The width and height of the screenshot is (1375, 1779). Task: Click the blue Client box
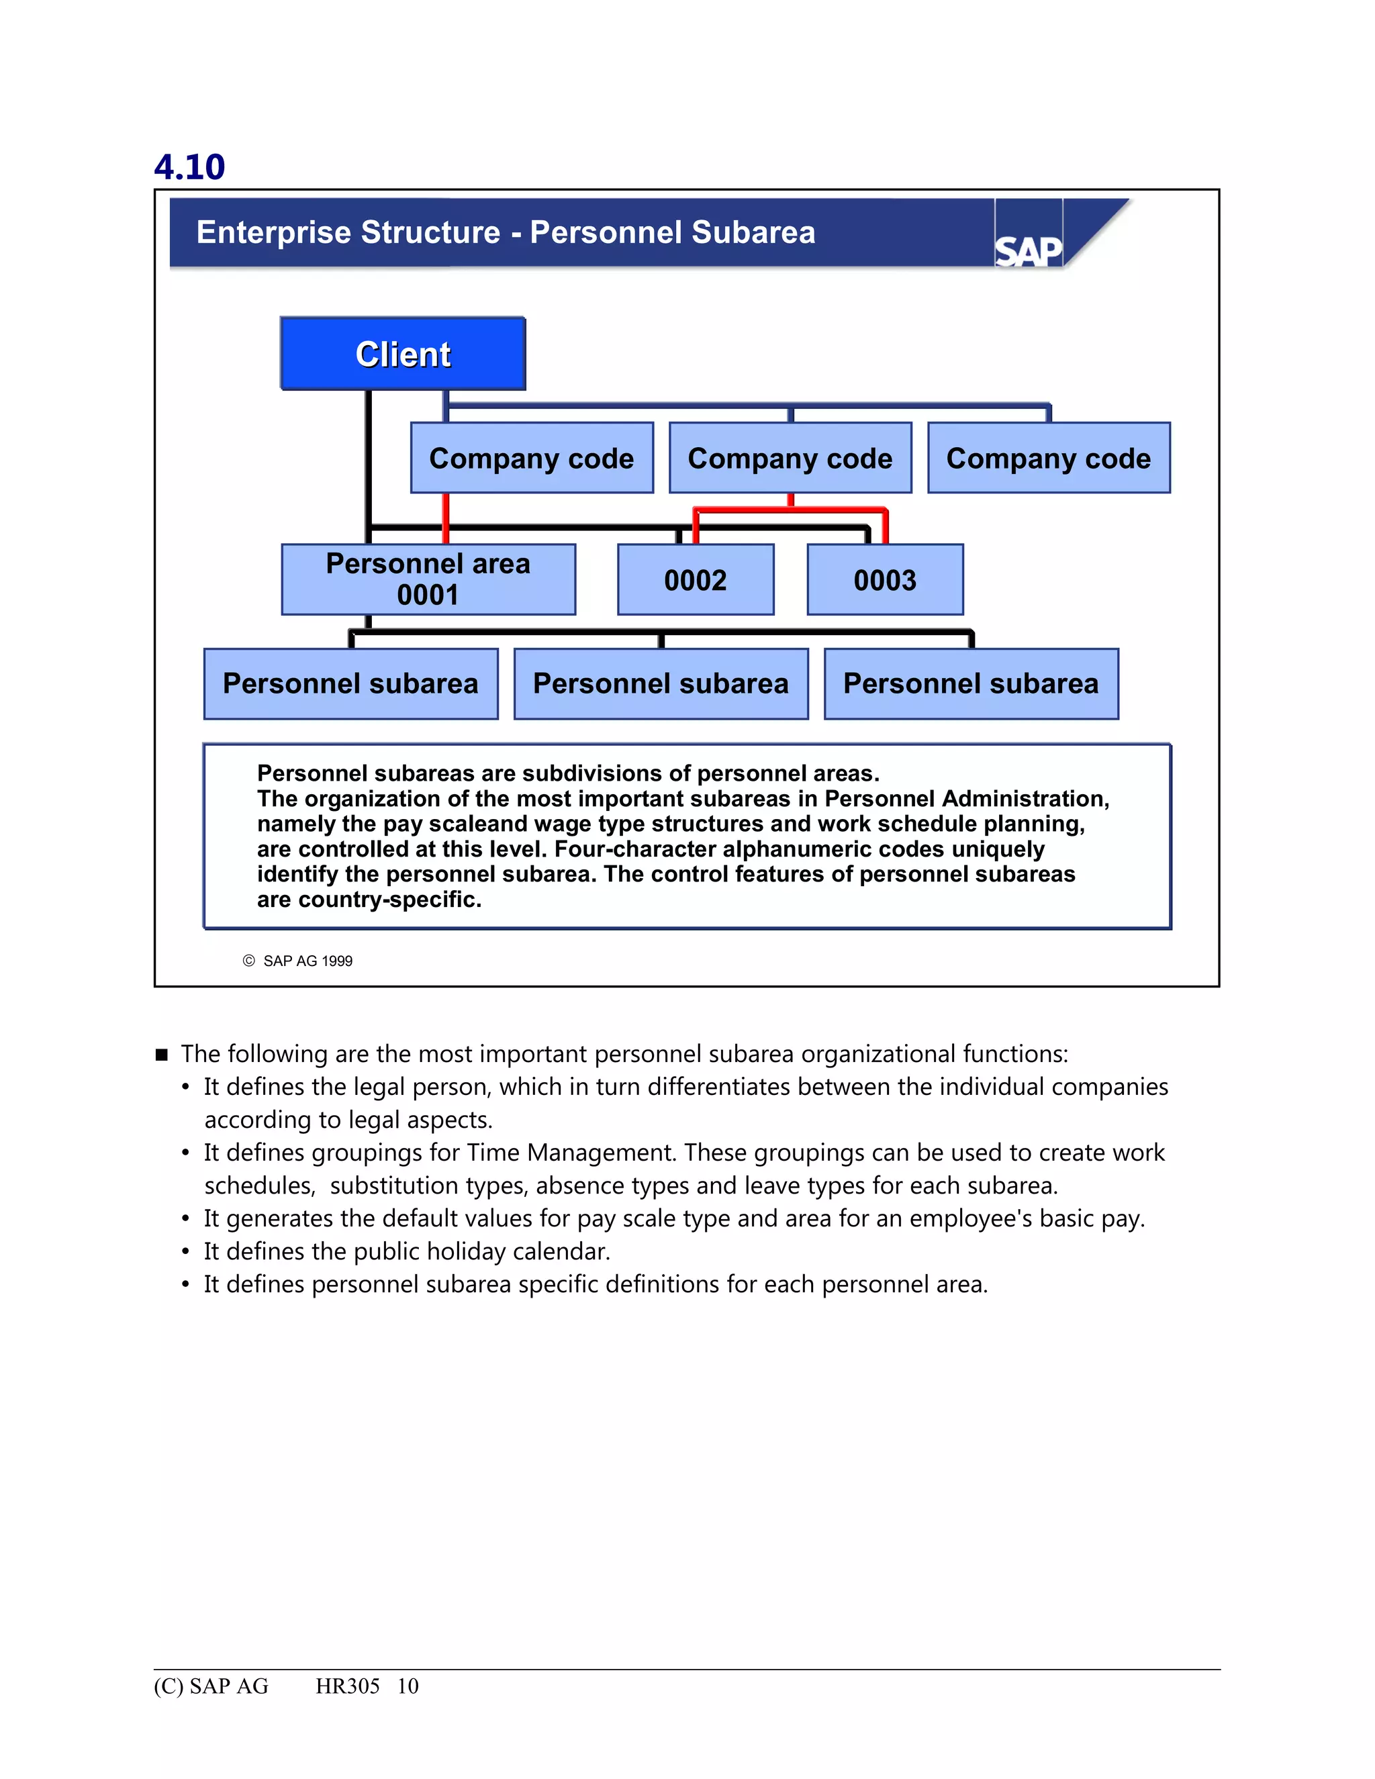pos(402,354)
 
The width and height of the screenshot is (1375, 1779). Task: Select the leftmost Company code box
pos(531,458)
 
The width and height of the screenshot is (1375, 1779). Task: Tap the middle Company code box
pos(790,458)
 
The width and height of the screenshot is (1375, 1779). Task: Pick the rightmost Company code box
pos(1048,458)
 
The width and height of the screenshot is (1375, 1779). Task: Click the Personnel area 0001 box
pos(428,579)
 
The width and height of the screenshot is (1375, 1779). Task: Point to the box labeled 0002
pos(695,580)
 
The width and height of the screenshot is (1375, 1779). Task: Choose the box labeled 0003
pos(885,580)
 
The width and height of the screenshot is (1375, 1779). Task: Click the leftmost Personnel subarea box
pos(350,683)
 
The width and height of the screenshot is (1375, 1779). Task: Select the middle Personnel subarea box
pos(661,683)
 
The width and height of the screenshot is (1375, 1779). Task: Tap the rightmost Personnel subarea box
pos(970,683)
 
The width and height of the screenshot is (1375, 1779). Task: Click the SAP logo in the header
pos(1028,250)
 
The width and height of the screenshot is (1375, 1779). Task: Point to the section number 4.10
pos(189,167)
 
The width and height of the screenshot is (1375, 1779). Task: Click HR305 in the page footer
pos(347,1685)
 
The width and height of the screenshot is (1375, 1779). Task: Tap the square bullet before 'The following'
pos(161,1055)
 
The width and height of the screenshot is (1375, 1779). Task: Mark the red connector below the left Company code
pos(446,518)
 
